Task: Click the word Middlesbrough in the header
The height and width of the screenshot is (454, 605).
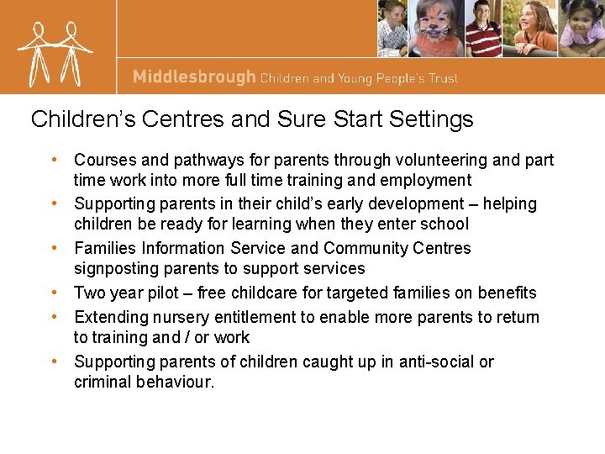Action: pos(194,77)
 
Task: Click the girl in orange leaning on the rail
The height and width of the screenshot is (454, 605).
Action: pos(532,29)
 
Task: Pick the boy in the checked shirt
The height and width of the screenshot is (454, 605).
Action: pos(392,29)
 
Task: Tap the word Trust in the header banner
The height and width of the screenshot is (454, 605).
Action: pos(442,78)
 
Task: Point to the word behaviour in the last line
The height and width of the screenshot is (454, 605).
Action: pos(177,382)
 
